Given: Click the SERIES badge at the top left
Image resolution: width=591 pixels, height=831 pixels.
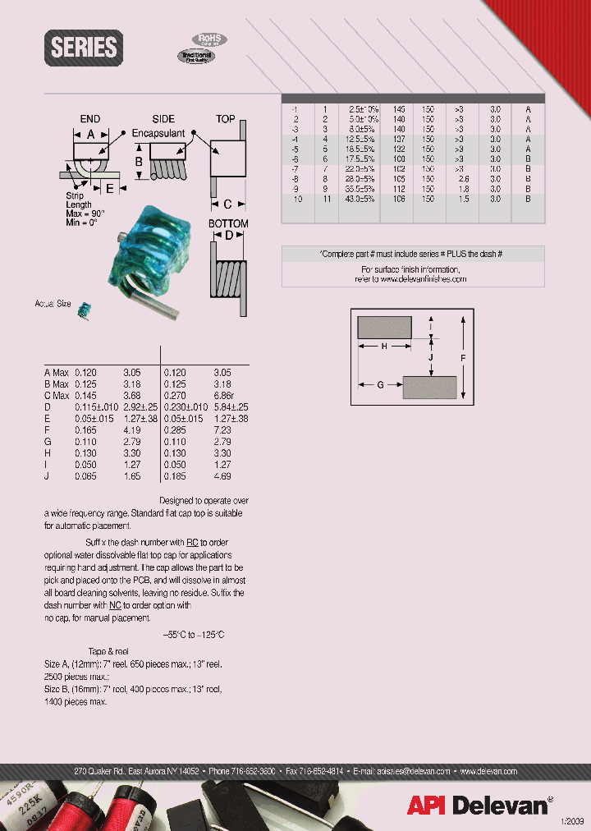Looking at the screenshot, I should click(x=84, y=47).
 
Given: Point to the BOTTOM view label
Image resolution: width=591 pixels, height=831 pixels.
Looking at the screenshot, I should click(x=227, y=223).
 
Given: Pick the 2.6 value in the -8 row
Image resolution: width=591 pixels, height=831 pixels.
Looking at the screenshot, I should click(x=464, y=178).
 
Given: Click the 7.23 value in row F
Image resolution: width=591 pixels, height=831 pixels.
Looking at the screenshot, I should click(x=222, y=429).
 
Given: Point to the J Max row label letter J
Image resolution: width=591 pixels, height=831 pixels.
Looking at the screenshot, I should click(x=47, y=475).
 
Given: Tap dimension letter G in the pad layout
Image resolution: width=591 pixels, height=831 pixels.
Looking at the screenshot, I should click(x=380, y=384).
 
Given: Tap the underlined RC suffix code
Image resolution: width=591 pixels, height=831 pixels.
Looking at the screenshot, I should click(x=192, y=543).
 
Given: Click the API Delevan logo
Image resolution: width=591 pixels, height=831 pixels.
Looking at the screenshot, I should click(x=479, y=806).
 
